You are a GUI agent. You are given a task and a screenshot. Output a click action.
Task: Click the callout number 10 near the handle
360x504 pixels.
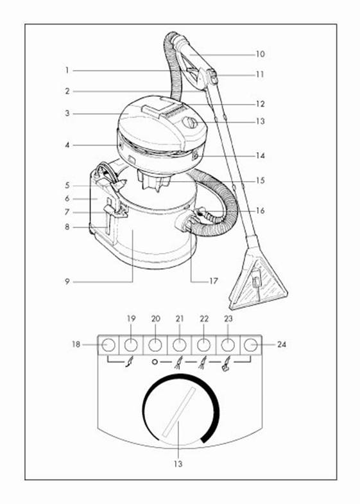260,54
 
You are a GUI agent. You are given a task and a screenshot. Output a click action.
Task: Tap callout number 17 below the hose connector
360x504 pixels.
214,281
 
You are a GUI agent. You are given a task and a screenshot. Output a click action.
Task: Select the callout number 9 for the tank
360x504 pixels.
67,282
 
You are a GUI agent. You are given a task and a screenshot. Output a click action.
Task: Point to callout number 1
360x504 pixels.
67,70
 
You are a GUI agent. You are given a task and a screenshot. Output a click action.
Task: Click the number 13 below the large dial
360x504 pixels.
178,464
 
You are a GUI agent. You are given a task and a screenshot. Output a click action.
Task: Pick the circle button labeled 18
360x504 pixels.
108,345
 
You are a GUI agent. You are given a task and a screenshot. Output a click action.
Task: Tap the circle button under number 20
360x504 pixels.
155,345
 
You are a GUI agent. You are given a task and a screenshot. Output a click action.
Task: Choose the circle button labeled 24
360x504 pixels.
250,345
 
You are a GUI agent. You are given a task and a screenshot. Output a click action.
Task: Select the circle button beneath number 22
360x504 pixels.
203,345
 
